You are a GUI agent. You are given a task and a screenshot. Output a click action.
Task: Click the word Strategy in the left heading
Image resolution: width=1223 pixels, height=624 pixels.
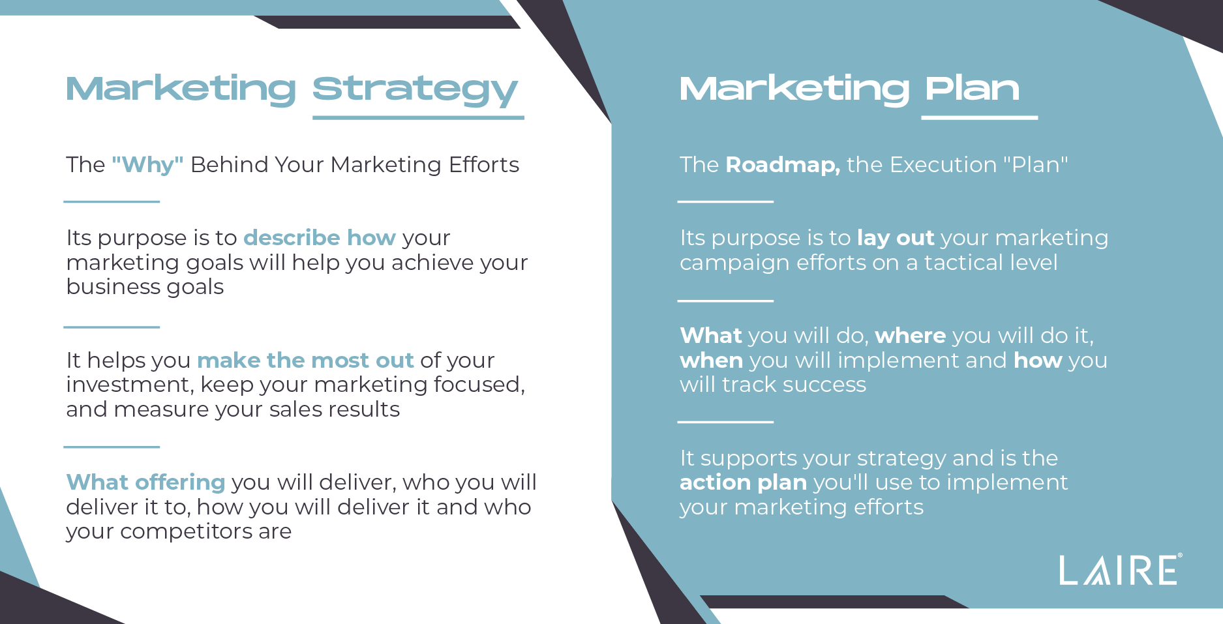click(415, 91)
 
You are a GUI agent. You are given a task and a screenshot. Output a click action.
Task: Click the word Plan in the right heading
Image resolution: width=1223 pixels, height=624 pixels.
click(972, 88)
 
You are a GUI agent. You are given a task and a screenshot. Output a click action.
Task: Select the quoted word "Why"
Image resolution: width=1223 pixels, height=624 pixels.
click(147, 164)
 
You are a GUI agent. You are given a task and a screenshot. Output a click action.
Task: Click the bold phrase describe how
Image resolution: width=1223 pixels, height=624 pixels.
click(320, 237)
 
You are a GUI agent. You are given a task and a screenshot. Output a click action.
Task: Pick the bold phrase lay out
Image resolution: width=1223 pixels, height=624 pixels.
click(896, 238)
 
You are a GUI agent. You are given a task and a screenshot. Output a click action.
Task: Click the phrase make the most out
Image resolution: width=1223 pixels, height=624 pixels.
click(305, 360)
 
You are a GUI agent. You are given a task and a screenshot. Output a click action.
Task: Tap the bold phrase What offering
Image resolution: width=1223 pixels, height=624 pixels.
click(145, 483)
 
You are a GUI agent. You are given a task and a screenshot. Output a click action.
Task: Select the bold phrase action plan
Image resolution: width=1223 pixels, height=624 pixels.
click(743, 483)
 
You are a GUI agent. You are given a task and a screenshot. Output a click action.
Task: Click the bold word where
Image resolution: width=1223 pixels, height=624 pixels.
click(911, 336)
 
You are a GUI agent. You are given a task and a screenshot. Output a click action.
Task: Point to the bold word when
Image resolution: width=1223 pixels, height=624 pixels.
click(711, 361)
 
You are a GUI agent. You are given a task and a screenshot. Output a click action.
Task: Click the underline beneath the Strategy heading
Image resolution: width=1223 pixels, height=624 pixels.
click(418, 118)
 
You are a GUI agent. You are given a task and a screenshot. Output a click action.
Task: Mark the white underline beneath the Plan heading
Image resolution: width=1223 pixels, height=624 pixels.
click(979, 118)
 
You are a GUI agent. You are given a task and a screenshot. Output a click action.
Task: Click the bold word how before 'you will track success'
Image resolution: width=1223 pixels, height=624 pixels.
click(1038, 361)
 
